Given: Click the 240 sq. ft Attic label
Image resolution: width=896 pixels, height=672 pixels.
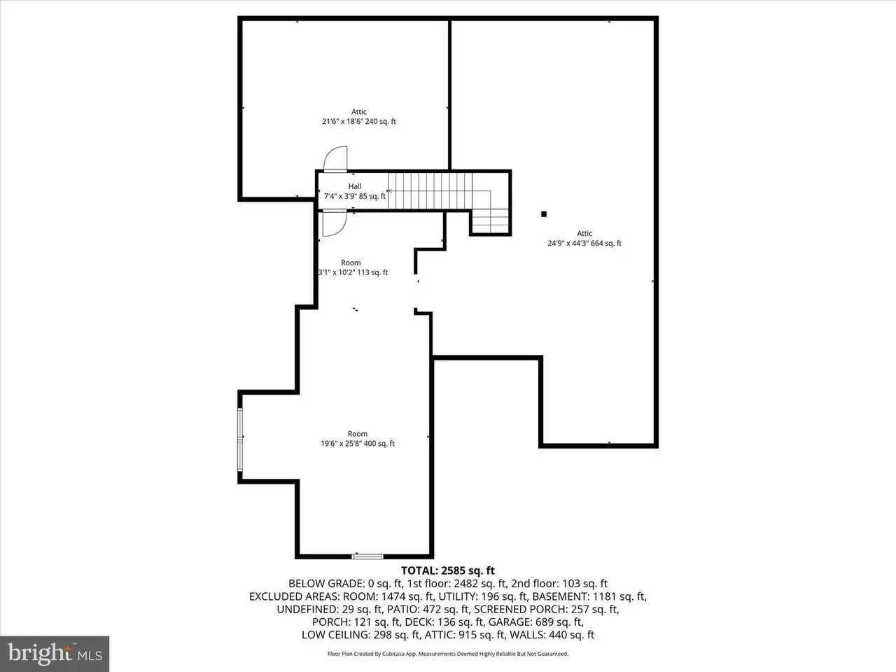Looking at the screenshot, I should point(358,117).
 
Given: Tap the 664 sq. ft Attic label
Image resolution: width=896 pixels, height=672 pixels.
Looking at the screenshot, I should point(584,239).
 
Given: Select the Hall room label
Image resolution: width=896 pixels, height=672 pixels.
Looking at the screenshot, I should point(355,191).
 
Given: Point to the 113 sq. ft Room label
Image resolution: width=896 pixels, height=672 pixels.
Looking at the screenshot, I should point(351,268).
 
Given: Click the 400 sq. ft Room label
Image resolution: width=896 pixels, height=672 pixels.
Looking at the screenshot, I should point(357,439).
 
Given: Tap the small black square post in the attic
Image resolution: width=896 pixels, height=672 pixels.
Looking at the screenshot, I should point(544,214).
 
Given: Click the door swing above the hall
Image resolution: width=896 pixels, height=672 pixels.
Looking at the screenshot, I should point(335,158).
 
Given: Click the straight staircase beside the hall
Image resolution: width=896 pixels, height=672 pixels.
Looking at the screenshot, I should point(430,190).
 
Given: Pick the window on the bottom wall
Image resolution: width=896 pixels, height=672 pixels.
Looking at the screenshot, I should point(367,556).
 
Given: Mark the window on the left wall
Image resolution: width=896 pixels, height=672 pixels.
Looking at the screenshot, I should point(240,440).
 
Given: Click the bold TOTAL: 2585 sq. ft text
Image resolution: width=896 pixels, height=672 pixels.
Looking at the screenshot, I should point(447,570).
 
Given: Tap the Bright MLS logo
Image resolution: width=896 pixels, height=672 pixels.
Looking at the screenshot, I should point(54,654).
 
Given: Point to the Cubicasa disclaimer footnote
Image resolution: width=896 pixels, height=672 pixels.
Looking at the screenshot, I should point(448,654).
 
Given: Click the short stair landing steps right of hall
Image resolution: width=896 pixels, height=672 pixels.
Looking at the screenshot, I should point(489,220).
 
